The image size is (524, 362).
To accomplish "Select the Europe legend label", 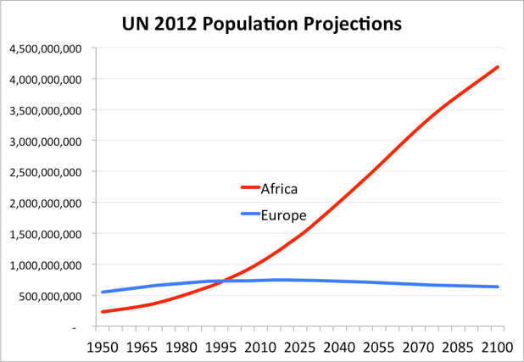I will point(283,214).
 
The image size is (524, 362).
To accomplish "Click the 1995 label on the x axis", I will point(221,348).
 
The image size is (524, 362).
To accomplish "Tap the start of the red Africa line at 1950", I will point(102,312).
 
